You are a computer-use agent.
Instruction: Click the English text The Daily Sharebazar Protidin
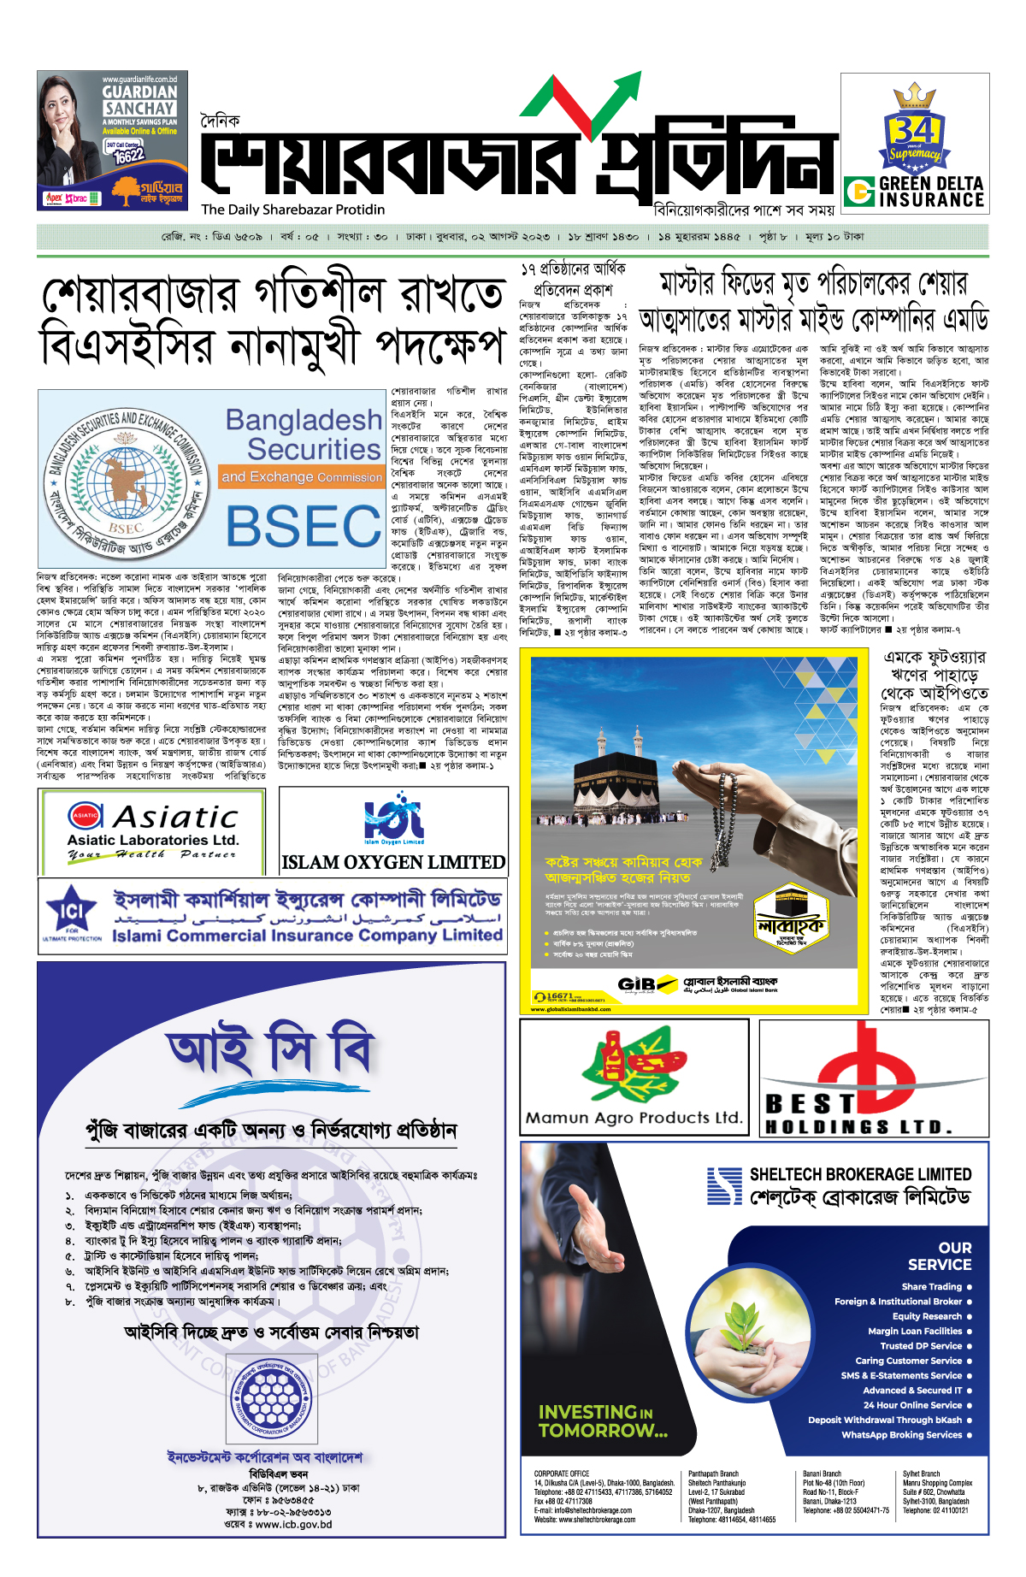coord(293,210)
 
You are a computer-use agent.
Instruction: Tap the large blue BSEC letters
coord(303,525)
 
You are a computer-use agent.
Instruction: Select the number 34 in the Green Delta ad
coord(913,130)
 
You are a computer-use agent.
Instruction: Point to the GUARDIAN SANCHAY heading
coord(139,100)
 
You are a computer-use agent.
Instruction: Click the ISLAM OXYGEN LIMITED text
coord(393,862)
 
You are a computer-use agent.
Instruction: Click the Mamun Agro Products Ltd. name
coord(634,1117)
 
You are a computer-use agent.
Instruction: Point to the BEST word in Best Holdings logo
coord(810,1103)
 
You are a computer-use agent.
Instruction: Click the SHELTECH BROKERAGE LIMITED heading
coord(860,1174)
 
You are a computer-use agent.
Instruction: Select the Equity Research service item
coord(927,1316)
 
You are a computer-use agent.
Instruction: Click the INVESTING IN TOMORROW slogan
coord(603,1420)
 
